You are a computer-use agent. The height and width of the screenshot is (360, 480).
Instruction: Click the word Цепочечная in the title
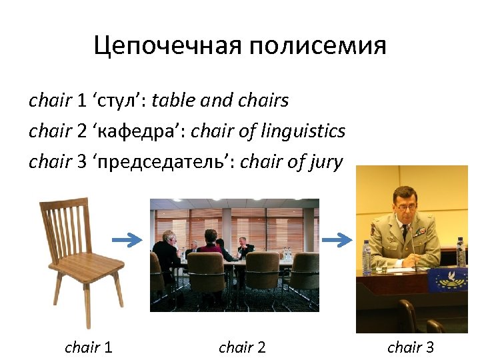coord(167,46)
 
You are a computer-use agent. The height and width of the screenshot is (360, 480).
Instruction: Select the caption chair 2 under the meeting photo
coord(242,347)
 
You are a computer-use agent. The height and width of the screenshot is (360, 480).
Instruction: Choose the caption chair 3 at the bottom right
coord(411,347)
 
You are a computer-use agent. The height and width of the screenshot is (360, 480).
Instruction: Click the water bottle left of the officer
coord(365,256)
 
